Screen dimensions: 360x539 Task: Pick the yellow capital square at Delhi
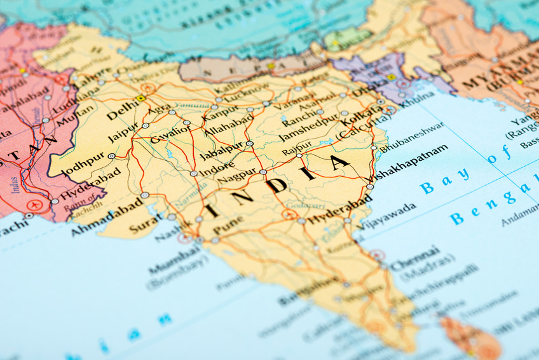(x=140, y=99)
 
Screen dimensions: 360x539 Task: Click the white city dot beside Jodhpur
(x=112, y=156)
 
